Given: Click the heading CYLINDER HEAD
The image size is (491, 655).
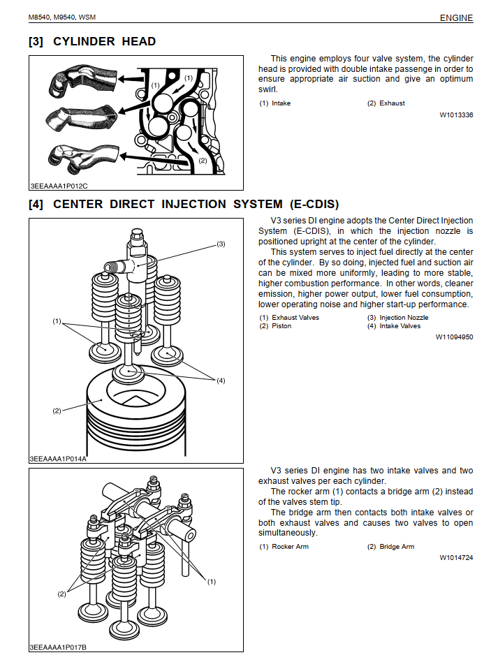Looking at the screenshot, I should pos(104,41).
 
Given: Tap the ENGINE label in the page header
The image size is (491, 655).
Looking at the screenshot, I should pos(456,18).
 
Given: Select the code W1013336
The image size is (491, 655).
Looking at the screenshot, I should pos(456,115).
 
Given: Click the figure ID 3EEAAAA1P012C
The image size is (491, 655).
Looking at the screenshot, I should pos(59,186).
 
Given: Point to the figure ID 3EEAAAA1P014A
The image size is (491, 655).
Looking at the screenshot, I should pos(59,459).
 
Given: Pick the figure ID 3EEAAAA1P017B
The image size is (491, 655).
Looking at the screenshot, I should pos(59,647).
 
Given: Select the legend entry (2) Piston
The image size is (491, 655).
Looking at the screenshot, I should pos(275,326).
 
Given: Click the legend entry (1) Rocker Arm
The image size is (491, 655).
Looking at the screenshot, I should pos(284,547).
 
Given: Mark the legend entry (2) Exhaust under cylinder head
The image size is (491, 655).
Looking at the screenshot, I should pos(386,103).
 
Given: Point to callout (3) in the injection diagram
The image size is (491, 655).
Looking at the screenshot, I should pos(221,244).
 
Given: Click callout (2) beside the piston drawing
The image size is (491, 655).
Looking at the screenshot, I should pos(57,411).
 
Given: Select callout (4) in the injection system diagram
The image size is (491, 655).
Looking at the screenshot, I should pos(221,381).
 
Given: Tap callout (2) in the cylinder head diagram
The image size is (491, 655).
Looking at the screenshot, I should pos(203,160).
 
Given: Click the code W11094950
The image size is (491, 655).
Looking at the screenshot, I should pos(454,337).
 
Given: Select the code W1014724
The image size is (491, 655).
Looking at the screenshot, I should pos(456,558).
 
